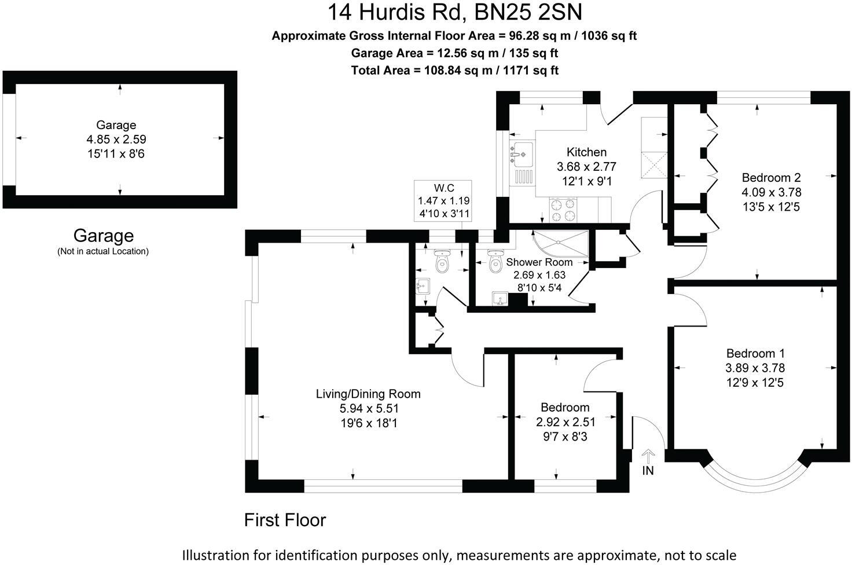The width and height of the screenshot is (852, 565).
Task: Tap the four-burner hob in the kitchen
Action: click(x=563, y=210)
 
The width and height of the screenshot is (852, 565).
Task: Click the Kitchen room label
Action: click(x=586, y=152)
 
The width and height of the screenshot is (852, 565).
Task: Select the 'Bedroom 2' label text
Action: click(x=771, y=177)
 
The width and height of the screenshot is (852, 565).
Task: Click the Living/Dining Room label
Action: click(x=368, y=394)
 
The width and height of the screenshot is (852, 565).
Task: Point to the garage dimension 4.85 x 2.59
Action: click(x=116, y=139)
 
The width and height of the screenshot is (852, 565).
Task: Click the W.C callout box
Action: click(x=443, y=200)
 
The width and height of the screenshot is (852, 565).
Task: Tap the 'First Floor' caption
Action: click(x=285, y=520)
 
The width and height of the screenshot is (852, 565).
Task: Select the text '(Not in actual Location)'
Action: click(x=103, y=251)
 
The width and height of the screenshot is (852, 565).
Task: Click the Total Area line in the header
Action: click(x=454, y=71)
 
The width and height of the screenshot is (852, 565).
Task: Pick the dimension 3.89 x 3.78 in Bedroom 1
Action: click(x=755, y=368)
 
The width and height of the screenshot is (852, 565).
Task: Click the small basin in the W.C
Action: click(x=423, y=286)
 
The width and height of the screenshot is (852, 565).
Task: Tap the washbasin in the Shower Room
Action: click(x=500, y=298)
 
